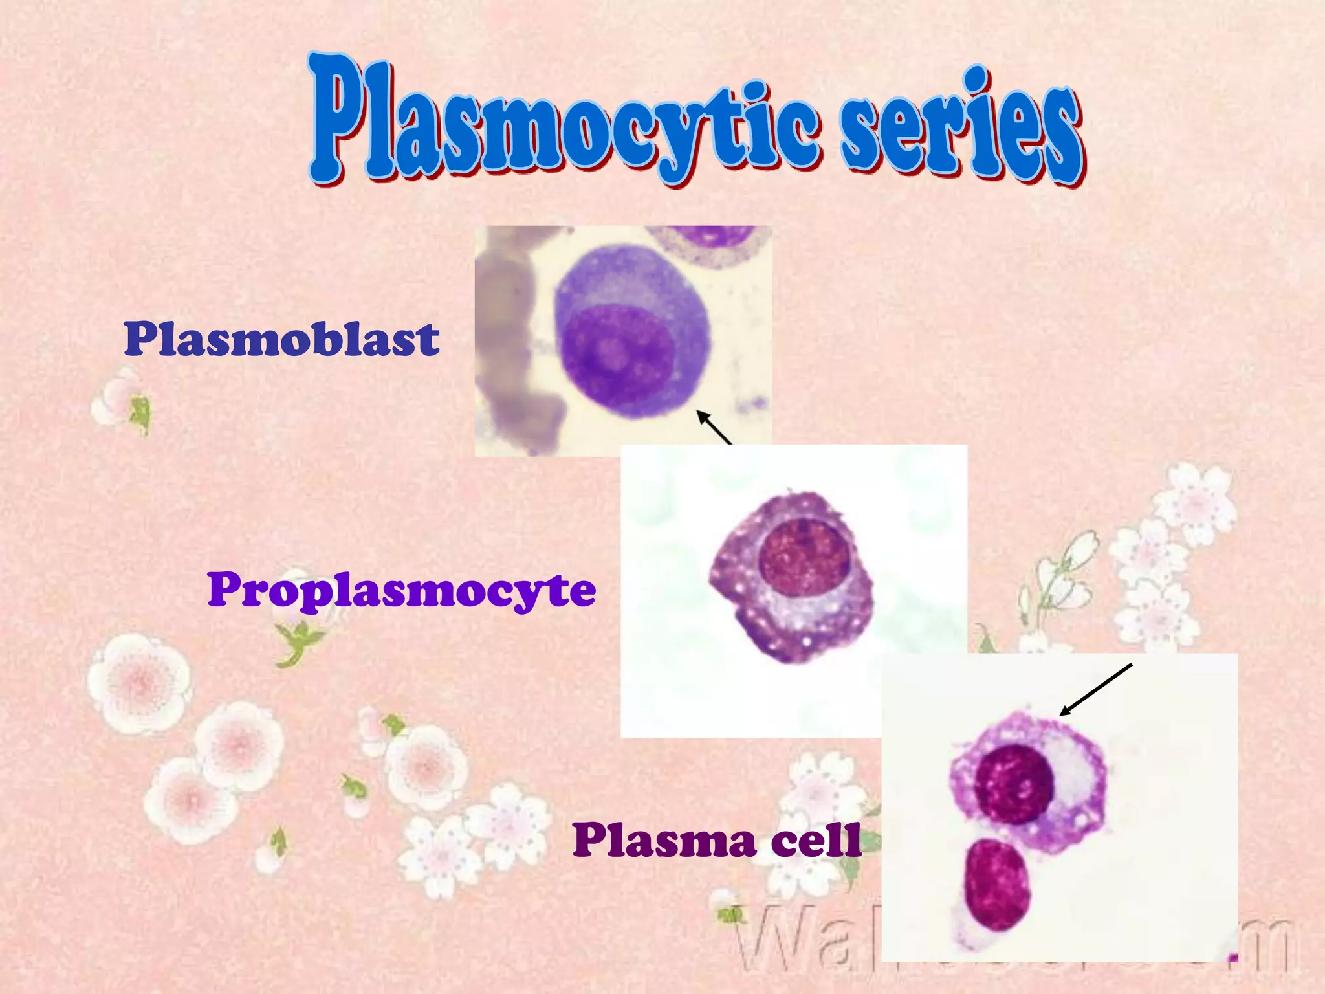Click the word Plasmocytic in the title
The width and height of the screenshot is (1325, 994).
pyautogui.click(x=563, y=123)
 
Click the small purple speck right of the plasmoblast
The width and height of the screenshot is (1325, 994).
pyautogui.click(x=750, y=405)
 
